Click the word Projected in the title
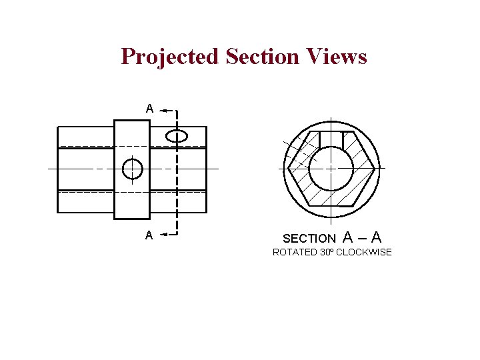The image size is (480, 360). click(x=169, y=57)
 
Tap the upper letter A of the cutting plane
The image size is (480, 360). click(x=150, y=108)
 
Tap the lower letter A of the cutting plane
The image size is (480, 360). click(x=149, y=235)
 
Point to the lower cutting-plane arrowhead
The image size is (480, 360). click(x=164, y=235)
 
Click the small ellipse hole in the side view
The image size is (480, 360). click(x=177, y=137)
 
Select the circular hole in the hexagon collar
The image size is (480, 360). click(x=133, y=169)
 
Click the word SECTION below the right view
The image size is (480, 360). click(x=309, y=238)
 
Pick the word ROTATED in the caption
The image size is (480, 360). click(x=295, y=252)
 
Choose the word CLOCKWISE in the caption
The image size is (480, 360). click(x=364, y=252)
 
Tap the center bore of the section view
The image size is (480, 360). click(x=331, y=168)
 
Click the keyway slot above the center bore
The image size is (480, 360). click(x=331, y=139)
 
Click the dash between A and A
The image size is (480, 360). click(x=361, y=237)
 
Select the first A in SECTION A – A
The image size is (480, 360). click(x=347, y=237)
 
